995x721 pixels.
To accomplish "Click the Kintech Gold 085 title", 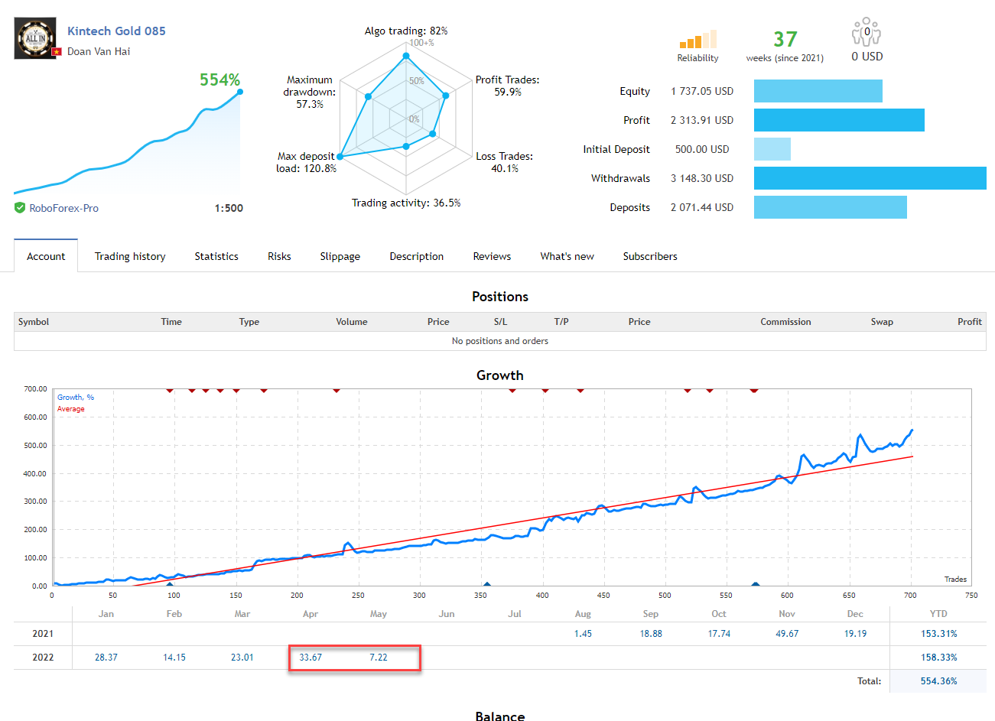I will [116, 31].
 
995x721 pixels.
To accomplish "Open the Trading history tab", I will [130, 257].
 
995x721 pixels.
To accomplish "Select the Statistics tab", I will [216, 257].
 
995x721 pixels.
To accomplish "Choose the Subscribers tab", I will [650, 257].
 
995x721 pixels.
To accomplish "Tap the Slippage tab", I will [340, 257].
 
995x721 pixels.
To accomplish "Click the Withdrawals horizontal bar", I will [870, 178].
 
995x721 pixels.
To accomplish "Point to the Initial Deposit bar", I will [772, 149].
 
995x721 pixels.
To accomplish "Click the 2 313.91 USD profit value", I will [701, 120].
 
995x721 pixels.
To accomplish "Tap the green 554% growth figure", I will [219, 80].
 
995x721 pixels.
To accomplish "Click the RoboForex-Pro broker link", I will [63, 208].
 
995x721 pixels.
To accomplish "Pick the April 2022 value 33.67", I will [311, 658].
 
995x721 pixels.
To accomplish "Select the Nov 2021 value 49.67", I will [787, 634].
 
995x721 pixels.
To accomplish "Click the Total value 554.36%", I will [938, 681].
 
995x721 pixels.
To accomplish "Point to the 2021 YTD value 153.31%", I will [938, 634].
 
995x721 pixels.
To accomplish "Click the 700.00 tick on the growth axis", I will [35, 389].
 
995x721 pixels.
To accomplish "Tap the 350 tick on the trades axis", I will [480, 595].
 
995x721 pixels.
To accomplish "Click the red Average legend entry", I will [71, 409].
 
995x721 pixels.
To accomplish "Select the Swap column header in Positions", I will [882, 322].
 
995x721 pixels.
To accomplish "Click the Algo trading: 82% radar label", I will [406, 31].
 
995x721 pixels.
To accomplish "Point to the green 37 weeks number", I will [785, 40].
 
